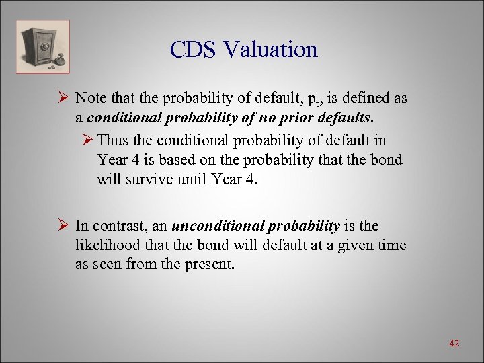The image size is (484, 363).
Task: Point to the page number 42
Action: (x=454, y=344)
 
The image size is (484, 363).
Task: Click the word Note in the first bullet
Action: (x=91, y=98)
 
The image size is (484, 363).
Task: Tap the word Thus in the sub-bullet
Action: (x=116, y=140)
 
